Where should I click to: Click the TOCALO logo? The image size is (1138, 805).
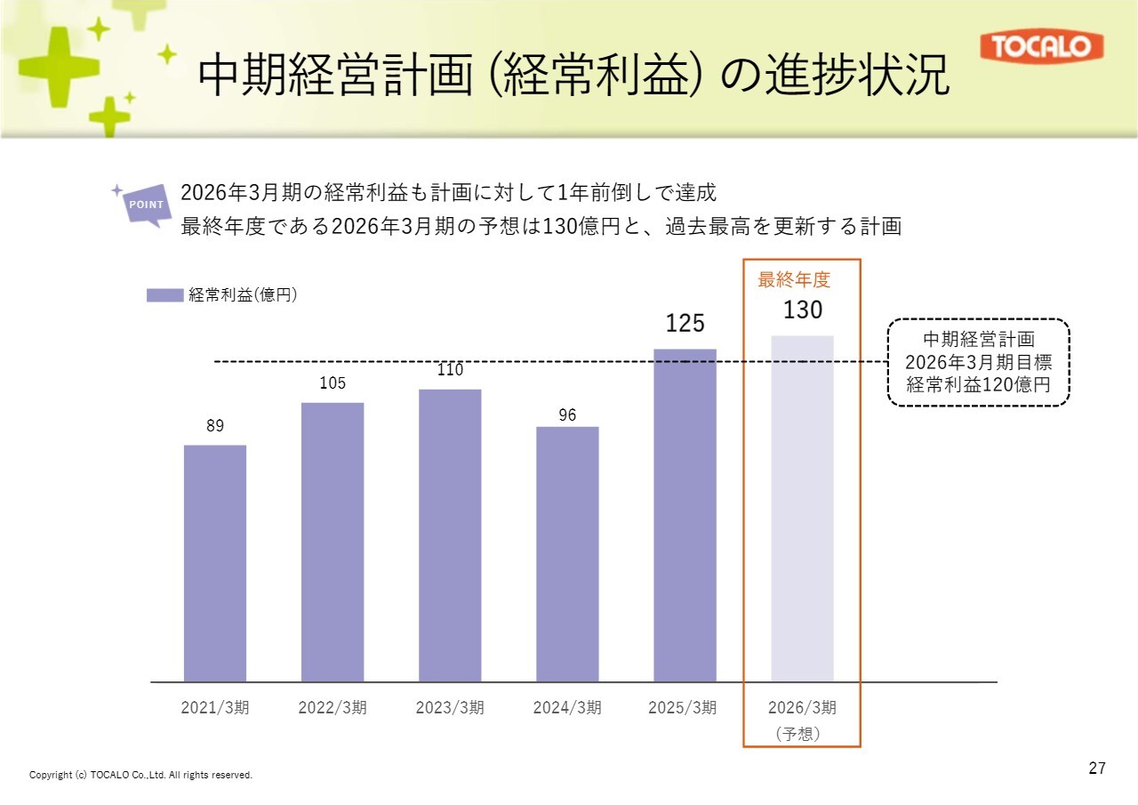pyautogui.click(x=1041, y=47)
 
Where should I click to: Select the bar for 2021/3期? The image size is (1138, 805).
pyautogui.click(x=215, y=563)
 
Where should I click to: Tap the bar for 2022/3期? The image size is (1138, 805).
pyautogui.click(x=333, y=542)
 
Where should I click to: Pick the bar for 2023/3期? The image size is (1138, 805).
pyautogui.click(x=450, y=535)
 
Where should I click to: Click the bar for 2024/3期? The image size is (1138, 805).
pyautogui.click(x=567, y=554)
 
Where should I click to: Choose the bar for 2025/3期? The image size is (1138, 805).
pyautogui.click(x=685, y=515)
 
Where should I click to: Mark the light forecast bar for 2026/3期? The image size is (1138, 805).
pyautogui.click(x=802, y=509)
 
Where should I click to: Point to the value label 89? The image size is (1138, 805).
pyautogui.click(x=215, y=426)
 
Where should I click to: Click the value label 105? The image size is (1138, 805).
pyautogui.click(x=333, y=383)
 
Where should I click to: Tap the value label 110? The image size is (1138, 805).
pyautogui.click(x=450, y=370)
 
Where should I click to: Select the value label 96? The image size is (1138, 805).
pyautogui.click(x=567, y=414)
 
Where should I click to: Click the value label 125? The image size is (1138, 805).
pyautogui.click(x=685, y=324)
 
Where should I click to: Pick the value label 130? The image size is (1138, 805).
pyautogui.click(x=802, y=310)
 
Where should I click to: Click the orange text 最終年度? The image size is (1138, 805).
pyautogui.click(x=793, y=280)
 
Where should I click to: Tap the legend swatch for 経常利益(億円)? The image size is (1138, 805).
pyautogui.click(x=164, y=295)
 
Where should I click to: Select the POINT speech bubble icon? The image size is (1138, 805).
pyautogui.click(x=146, y=205)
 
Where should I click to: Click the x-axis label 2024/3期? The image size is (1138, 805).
pyautogui.click(x=567, y=708)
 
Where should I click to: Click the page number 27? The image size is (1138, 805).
pyautogui.click(x=1097, y=769)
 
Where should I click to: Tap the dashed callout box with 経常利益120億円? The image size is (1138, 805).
pyautogui.click(x=978, y=362)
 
